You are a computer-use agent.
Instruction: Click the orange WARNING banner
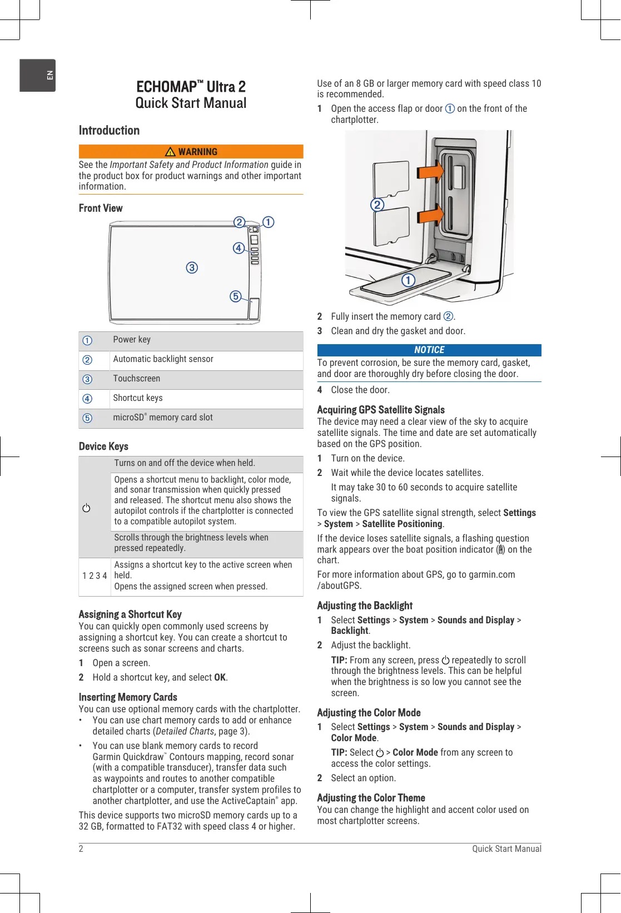[191, 152]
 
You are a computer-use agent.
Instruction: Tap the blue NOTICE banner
[429, 350]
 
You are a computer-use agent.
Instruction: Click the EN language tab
[38, 75]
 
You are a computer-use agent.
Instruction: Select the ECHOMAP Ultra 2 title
[191, 87]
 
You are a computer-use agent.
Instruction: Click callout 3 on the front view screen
[192, 267]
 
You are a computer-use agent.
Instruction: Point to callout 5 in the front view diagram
[236, 296]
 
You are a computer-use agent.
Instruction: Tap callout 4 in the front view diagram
[239, 248]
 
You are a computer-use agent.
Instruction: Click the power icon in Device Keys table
[86, 508]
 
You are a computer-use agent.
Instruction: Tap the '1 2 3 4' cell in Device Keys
[95, 576]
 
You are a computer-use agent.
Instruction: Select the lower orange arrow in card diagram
[431, 214]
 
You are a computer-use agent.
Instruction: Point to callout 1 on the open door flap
[409, 280]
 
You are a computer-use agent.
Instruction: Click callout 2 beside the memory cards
[377, 205]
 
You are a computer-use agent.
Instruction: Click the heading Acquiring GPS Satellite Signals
[381, 410]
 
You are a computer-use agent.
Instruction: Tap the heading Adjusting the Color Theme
[371, 798]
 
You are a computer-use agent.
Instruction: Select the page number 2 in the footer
[81, 849]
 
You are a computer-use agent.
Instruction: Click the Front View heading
[101, 208]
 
